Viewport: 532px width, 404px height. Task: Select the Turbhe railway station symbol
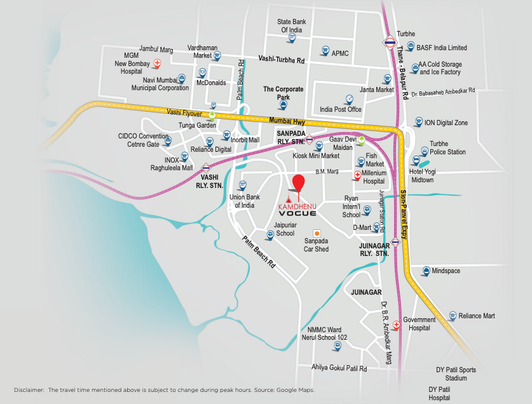click(389, 43)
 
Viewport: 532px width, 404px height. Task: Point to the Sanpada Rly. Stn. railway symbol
click(309, 140)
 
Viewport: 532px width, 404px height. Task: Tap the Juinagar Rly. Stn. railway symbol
click(396, 241)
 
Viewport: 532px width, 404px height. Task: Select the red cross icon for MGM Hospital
click(158, 64)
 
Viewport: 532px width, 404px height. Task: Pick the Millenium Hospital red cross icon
click(357, 173)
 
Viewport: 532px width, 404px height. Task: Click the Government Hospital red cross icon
click(396, 325)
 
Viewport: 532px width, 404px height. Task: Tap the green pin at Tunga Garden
click(212, 116)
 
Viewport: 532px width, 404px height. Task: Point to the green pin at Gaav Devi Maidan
click(361, 140)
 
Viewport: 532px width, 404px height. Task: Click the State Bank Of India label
click(292, 25)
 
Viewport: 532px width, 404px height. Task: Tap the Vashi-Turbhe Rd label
click(282, 59)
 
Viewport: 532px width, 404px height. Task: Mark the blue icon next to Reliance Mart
click(452, 316)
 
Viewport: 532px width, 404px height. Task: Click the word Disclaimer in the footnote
click(29, 389)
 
